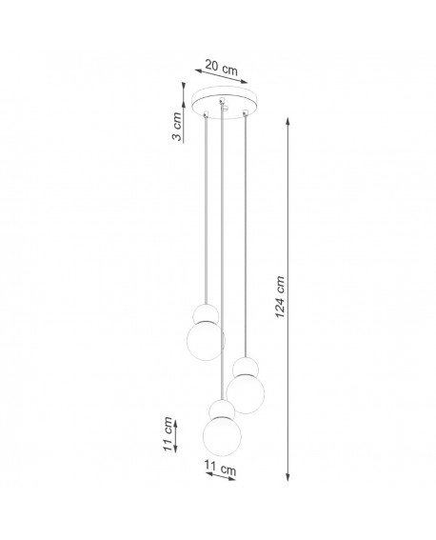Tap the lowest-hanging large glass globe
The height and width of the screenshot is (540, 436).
coord(222,436)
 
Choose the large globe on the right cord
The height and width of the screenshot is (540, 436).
coord(246,392)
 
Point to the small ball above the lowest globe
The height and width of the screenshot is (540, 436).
coord(222,410)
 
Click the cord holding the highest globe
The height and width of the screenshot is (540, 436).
coord(205,210)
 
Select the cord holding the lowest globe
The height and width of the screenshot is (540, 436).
coord(222,257)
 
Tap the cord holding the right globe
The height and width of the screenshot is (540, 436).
coord(246,238)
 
